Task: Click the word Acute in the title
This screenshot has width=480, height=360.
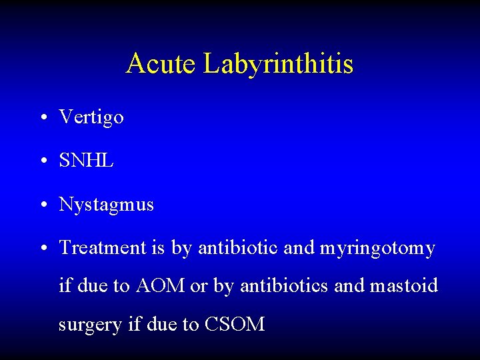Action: pyautogui.click(x=161, y=64)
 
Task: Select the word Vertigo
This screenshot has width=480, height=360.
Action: pyautogui.click(x=91, y=118)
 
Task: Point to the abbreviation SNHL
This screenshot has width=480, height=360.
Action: pyautogui.click(x=86, y=161)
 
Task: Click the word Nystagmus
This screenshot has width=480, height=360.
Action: pyautogui.click(x=106, y=205)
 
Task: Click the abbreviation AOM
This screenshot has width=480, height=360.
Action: pyautogui.click(x=161, y=286)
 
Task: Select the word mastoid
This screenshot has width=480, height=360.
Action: pyautogui.click(x=404, y=286)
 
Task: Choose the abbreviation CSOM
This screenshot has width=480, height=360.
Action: pyautogui.click(x=235, y=325)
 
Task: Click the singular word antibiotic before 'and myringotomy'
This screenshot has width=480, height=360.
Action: pyautogui.click(x=236, y=248)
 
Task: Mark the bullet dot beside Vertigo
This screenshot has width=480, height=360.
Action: pyautogui.click(x=42, y=119)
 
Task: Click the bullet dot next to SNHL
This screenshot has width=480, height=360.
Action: pyautogui.click(x=42, y=161)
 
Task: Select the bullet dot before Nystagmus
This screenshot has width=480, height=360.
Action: pyautogui.click(x=42, y=205)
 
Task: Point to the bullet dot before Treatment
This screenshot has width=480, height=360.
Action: pyautogui.click(x=42, y=249)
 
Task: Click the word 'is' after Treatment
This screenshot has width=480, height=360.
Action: pyautogui.click(x=157, y=248)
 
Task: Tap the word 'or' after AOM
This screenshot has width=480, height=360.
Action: pyautogui.click(x=199, y=287)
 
